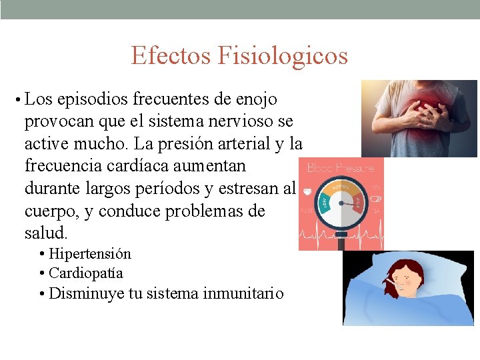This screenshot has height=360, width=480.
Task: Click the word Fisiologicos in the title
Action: point(283,55)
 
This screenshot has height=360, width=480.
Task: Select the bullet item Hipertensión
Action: point(90,254)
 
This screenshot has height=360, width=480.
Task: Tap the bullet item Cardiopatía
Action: point(86,273)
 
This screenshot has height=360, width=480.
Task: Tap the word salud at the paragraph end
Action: point(45,233)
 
